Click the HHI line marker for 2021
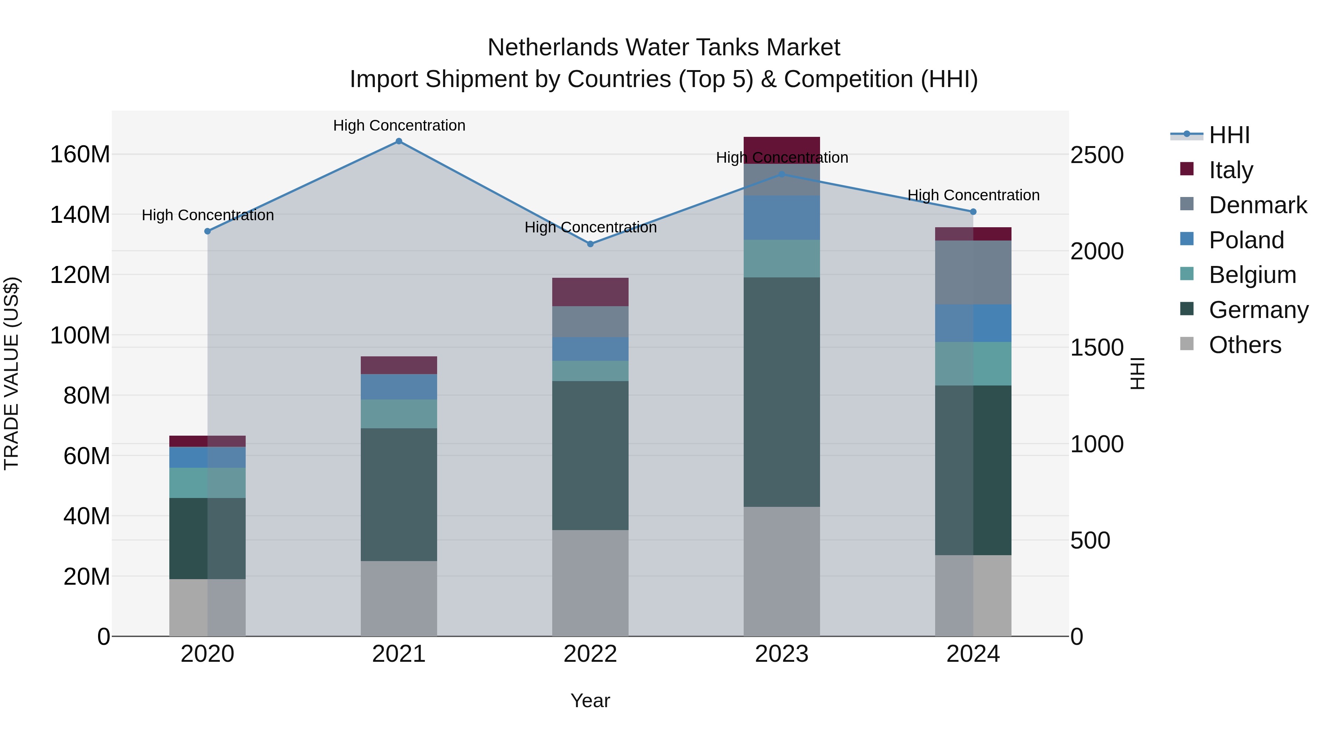click(x=398, y=141)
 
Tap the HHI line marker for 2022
click(x=590, y=244)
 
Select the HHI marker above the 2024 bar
click(x=973, y=212)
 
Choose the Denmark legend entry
click(x=1258, y=205)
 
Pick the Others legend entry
click(x=1245, y=345)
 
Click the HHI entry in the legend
click(x=1229, y=135)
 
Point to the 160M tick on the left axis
click(x=80, y=155)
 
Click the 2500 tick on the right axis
click(x=1097, y=155)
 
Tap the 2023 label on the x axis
click(x=782, y=654)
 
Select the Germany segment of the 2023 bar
click(x=782, y=392)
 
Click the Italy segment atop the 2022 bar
click(x=590, y=292)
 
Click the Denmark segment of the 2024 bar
click(x=973, y=272)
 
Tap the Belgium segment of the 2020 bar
click(x=207, y=483)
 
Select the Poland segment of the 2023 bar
click(x=782, y=218)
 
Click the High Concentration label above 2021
click(x=399, y=125)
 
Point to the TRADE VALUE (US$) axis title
click(x=11, y=373)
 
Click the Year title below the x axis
click(x=590, y=701)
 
